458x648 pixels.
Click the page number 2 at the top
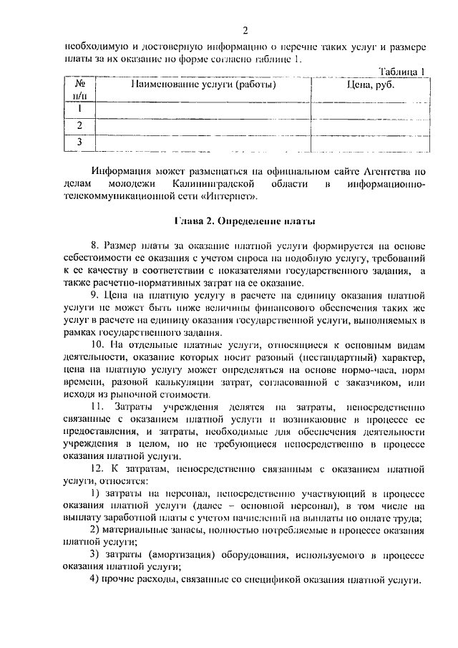pyautogui.click(x=245, y=30)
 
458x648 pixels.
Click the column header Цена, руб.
pyautogui.click(x=370, y=85)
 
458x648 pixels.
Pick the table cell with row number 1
pyautogui.click(x=81, y=109)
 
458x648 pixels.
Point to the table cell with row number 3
pyautogui.click(x=81, y=143)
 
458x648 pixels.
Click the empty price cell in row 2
pyautogui.click(x=370, y=126)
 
